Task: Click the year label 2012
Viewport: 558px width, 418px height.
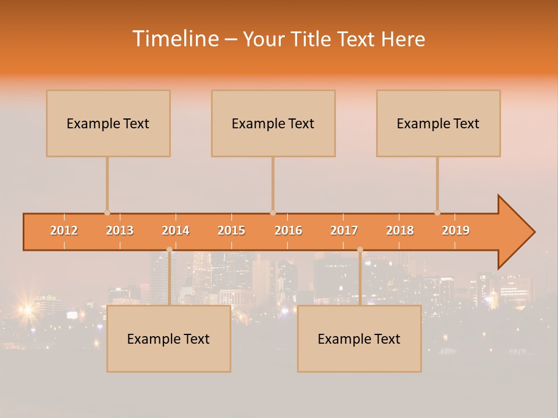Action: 64,231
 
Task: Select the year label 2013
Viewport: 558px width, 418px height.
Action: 120,231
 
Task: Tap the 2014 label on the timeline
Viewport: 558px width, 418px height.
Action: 176,231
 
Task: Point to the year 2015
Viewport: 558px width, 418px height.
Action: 231,231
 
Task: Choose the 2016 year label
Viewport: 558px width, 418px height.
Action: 288,231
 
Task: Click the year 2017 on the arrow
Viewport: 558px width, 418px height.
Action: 344,231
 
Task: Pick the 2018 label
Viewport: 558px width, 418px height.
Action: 400,231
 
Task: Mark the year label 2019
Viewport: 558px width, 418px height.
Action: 456,231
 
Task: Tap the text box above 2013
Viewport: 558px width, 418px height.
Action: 108,124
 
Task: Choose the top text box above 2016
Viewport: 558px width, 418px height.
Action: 273,124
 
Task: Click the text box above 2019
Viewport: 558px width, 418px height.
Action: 438,124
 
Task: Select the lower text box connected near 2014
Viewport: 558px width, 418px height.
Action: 169,339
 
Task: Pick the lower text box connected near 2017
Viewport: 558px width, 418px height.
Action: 359,339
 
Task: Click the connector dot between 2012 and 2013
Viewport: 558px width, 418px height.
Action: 107,212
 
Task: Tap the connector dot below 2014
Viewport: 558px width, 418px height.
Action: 169,250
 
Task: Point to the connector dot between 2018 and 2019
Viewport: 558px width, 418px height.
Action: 437,212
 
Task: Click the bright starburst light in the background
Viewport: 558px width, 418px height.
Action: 26,310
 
